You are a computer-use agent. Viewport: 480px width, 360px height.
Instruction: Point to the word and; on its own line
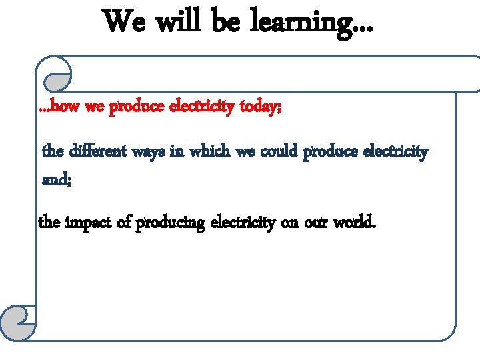tap(55, 179)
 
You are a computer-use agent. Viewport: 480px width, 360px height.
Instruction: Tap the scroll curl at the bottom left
tap(19, 323)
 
